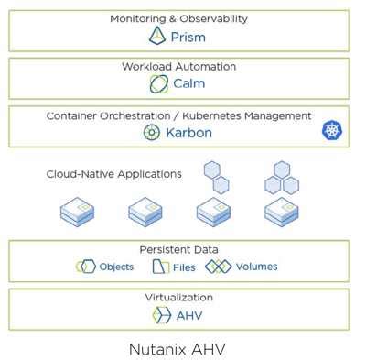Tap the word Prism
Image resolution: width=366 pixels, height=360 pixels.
point(188,38)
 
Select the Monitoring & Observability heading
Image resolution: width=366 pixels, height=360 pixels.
point(178,18)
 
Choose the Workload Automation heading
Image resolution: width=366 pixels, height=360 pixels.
point(178,67)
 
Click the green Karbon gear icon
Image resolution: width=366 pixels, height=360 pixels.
point(152,133)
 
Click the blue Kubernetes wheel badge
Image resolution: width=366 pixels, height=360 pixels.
point(331,131)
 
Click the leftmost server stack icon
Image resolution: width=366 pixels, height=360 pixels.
point(78,213)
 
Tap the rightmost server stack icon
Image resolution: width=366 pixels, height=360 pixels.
point(282,213)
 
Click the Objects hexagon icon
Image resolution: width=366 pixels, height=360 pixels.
point(87,267)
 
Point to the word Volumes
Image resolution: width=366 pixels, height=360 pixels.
point(256,267)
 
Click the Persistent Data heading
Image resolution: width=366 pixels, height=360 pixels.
point(178,249)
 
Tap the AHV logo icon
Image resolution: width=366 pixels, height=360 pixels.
point(161,315)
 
